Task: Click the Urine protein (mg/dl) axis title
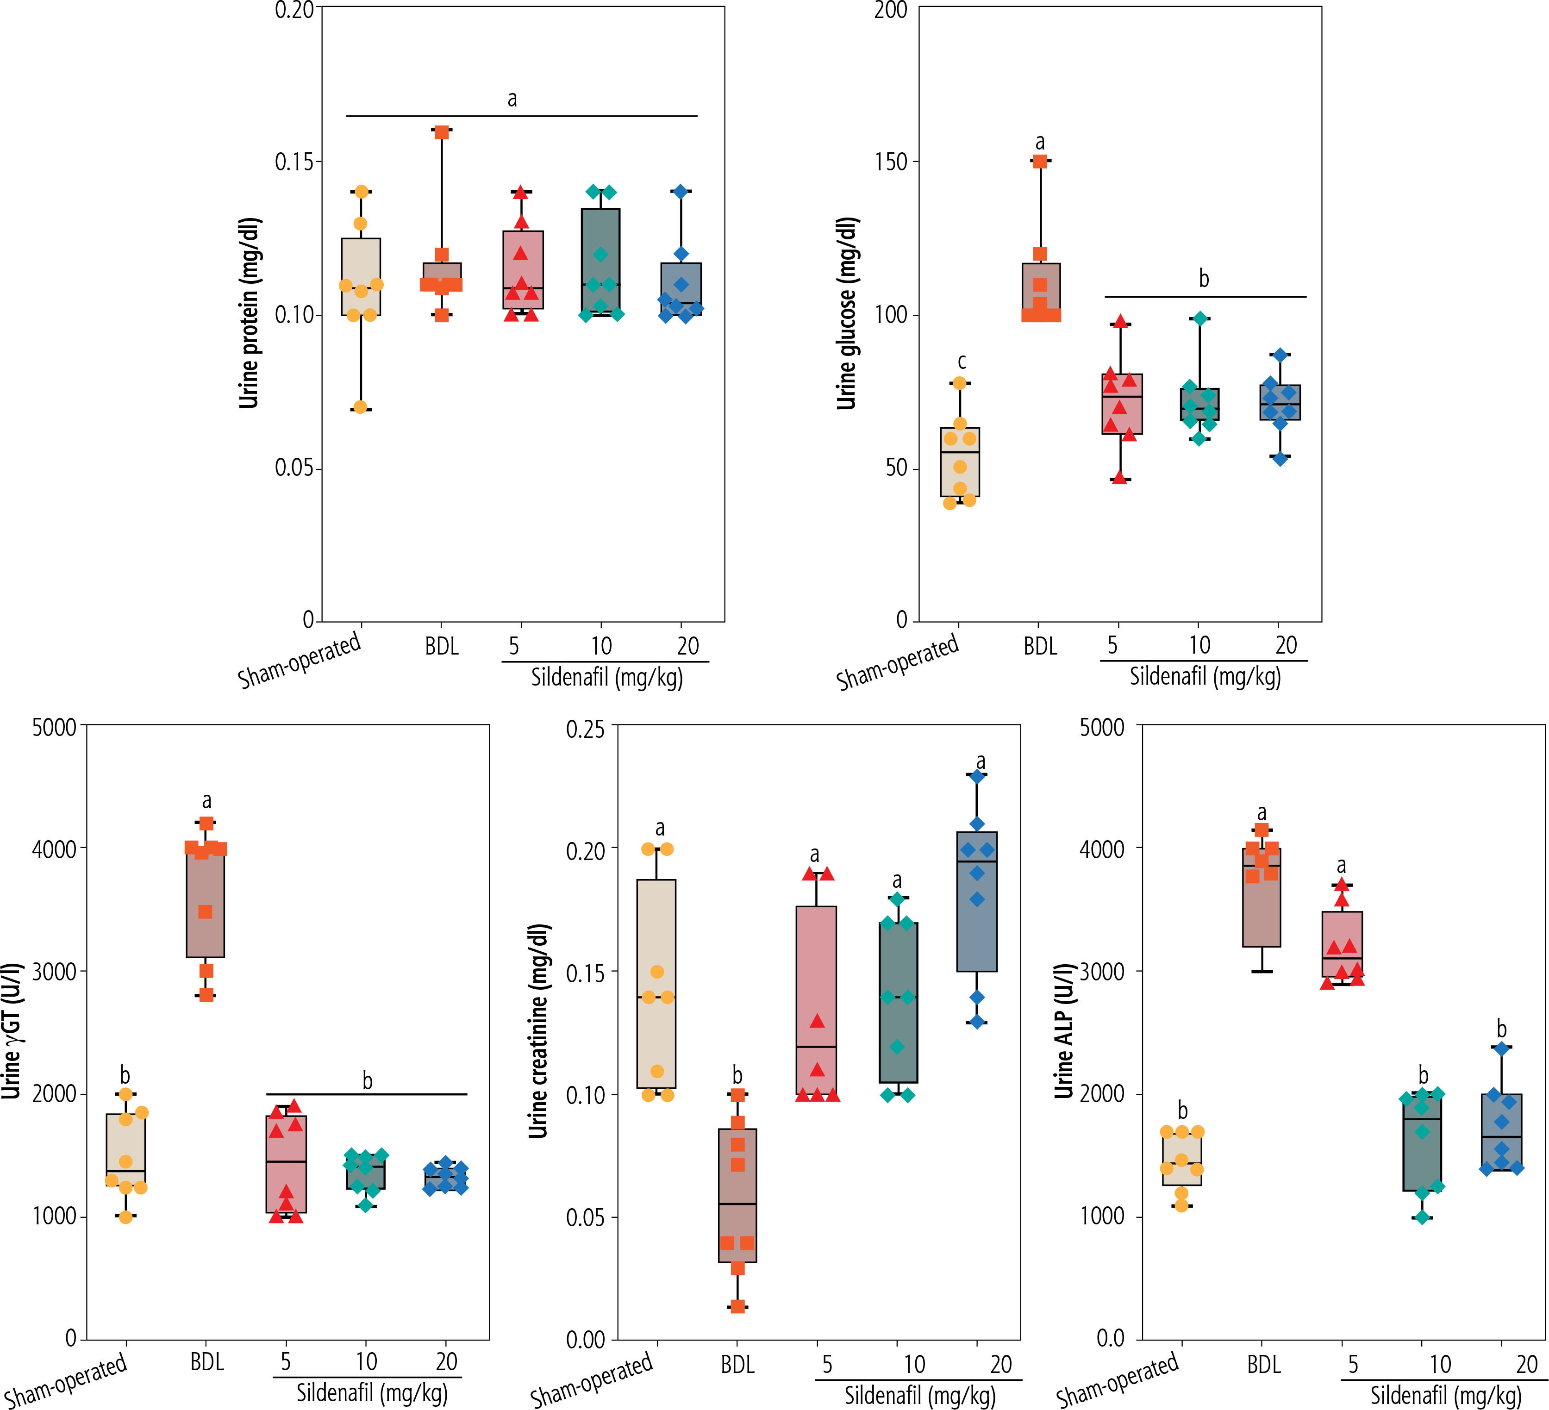pyautogui.click(x=248, y=313)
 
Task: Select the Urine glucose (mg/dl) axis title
pyautogui.click(x=846, y=313)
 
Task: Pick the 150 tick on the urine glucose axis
pyautogui.click(x=891, y=162)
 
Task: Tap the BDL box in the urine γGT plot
pyautogui.click(x=206, y=903)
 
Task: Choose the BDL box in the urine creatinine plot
pyautogui.click(x=737, y=1195)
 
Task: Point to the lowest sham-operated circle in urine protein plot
pyautogui.click(x=360, y=406)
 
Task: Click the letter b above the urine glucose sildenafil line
pyautogui.click(x=1204, y=279)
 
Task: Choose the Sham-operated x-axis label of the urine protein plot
pyautogui.click(x=300, y=661)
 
